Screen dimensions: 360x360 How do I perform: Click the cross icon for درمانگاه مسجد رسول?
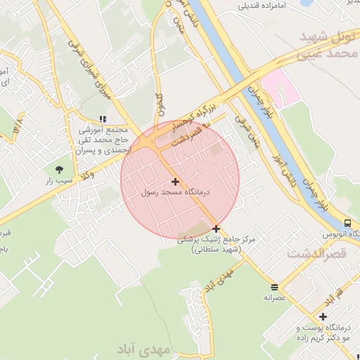click(x=175, y=182)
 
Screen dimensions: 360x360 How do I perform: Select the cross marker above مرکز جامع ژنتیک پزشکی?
click(x=216, y=229)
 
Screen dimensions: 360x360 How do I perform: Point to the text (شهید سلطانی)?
click(x=216, y=250)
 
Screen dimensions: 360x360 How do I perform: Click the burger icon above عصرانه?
click(x=274, y=287)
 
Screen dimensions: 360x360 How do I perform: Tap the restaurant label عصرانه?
click(x=274, y=297)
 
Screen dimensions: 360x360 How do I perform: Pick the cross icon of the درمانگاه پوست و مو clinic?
click(x=323, y=317)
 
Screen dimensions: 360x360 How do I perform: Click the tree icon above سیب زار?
click(x=59, y=169)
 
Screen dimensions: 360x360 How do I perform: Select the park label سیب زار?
click(x=59, y=181)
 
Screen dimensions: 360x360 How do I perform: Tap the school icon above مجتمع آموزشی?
click(x=103, y=120)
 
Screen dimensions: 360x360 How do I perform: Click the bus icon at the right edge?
click(x=348, y=224)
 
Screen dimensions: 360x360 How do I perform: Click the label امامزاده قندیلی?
click(x=263, y=6)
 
